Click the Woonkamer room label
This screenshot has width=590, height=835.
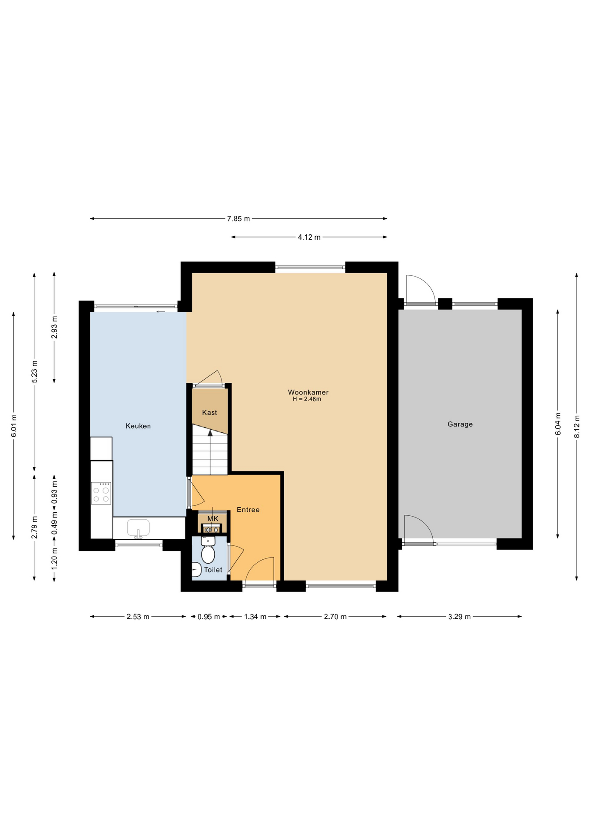pyautogui.click(x=308, y=392)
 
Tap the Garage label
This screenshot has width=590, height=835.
pyautogui.click(x=460, y=424)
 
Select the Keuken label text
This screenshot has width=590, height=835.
pyautogui.click(x=138, y=426)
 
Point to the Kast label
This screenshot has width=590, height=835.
pyautogui.click(x=209, y=413)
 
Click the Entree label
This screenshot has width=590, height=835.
pyautogui.click(x=248, y=510)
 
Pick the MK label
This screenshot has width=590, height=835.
pyautogui.click(x=213, y=519)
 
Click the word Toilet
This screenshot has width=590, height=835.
pyautogui.click(x=213, y=570)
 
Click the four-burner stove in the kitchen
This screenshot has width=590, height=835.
pyautogui.click(x=101, y=493)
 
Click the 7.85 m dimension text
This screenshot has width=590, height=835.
pyautogui.click(x=239, y=219)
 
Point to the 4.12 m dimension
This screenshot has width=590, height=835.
pyautogui.click(x=309, y=237)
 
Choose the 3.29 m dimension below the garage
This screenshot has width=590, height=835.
pyautogui.click(x=460, y=617)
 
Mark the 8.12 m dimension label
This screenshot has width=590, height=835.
pyautogui.click(x=577, y=427)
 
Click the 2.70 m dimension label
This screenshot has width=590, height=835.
pyautogui.click(x=335, y=617)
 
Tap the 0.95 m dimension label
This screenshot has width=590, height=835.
pyautogui.click(x=209, y=617)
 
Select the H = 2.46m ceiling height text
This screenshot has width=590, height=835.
pyautogui.click(x=307, y=399)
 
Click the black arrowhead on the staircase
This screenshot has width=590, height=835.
pyautogui.click(x=210, y=432)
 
